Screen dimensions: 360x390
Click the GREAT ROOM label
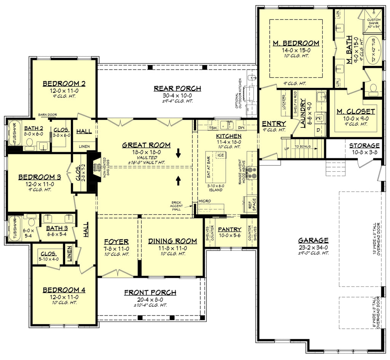pyautogui.click(x=146, y=145)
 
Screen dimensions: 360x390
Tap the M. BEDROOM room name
pyautogui.click(x=296, y=43)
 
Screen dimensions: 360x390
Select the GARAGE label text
pyautogui.click(x=313, y=240)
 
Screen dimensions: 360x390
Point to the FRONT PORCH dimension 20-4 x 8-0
pyautogui.click(x=150, y=299)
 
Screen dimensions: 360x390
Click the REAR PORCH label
pyautogui.click(x=177, y=89)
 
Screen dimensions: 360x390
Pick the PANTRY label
pyautogui.click(x=230, y=229)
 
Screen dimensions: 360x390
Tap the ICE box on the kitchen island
pyautogui.click(x=220, y=155)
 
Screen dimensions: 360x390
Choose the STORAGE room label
pyautogui.click(x=364, y=145)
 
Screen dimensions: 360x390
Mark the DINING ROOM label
pyautogui.click(x=173, y=241)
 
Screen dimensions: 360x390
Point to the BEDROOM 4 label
pyautogui.click(x=64, y=290)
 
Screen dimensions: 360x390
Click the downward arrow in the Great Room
pyautogui.click(x=178, y=155)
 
